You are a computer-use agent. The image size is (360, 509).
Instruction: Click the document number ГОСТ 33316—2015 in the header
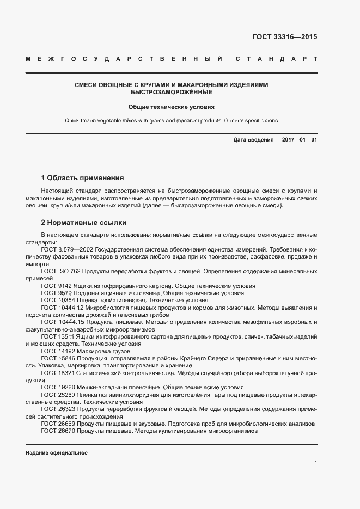pos(284,38)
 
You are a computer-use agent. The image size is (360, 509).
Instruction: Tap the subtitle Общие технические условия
pos(171,108)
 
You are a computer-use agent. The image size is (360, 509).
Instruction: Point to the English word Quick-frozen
pos(82,121)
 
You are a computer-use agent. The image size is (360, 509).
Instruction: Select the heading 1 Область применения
pos(82,178)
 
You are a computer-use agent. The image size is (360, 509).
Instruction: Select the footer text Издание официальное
pos(57,453)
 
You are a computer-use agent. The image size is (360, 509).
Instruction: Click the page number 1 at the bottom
pos(315,463)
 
